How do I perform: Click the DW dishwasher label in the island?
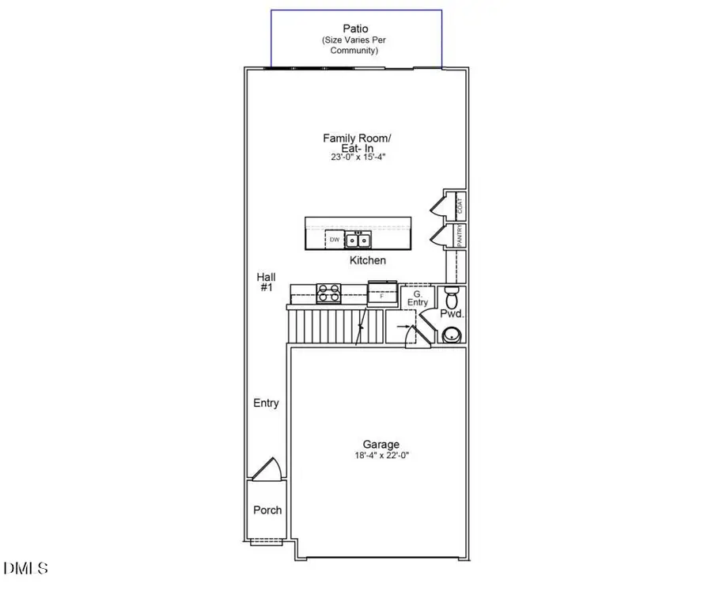pyautogui.click(x=335, y=239)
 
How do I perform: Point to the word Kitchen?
pyautogui.click(x=368, y=260)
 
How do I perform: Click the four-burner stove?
pyautogui.click(x=328, y=293)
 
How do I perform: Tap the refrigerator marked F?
pyautogui.click(x=382, y=294)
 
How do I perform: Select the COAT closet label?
pyautogui.click(x=460, y=206)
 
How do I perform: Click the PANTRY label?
pyautogui.click(x=460, y=235)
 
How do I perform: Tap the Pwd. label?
pyautogui.click(x=451, y=314)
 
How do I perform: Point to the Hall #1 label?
pyautogui.click(x=266, y=282)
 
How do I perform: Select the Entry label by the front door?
pyautogui.click(x=266, y=404)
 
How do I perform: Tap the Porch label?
pyautogui.click(x=267, y=510)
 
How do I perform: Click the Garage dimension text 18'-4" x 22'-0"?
pyautogui.click(x=381, y=456)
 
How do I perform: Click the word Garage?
pyautogui.click(x=381, y=445)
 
